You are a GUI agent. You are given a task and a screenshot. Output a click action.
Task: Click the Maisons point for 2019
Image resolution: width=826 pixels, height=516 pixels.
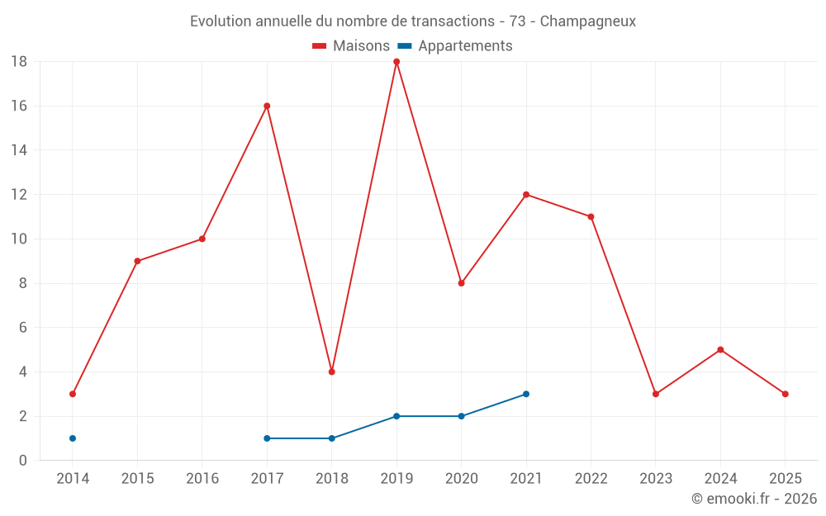396,62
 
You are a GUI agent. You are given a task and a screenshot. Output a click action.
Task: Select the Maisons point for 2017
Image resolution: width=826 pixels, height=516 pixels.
267,106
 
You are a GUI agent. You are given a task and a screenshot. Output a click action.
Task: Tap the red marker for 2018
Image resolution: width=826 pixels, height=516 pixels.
331,372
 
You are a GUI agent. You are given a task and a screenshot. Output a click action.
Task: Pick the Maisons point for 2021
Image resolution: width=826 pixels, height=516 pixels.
526,195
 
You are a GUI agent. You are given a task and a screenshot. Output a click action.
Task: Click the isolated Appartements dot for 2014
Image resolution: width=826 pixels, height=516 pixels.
73,438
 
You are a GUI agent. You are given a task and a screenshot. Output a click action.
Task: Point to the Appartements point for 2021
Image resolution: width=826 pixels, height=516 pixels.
526,394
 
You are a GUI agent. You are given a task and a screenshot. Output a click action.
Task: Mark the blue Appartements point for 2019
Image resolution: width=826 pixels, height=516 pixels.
396,416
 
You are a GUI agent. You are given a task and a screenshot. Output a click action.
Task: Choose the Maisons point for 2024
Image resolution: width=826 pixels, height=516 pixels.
720,350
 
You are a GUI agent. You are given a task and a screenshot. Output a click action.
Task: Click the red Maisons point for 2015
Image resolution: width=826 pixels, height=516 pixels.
137,261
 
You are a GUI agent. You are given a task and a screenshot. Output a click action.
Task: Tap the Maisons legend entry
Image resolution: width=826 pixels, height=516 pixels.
351,46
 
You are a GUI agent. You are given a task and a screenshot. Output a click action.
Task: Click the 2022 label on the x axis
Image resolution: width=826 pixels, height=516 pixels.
591,478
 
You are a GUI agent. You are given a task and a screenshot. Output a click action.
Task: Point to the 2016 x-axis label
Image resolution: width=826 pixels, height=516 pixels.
202,478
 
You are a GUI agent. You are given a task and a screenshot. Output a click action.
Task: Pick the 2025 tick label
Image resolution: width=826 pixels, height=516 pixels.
785,478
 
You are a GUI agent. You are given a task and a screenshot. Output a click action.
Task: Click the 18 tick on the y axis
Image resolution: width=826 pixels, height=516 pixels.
19,62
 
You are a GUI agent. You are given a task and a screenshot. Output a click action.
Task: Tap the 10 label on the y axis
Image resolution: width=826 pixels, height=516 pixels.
19,239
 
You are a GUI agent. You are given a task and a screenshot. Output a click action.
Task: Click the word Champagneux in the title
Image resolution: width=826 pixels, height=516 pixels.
588,21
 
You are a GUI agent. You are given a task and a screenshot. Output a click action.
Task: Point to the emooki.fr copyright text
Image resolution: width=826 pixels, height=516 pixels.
754,499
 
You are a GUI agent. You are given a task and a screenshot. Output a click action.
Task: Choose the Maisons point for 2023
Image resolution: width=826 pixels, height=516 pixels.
656,394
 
